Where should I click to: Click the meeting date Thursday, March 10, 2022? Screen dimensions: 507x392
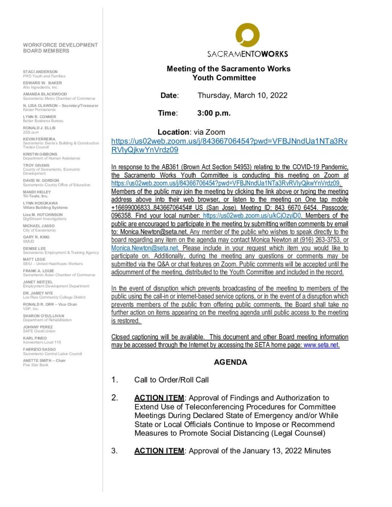coord(242,95)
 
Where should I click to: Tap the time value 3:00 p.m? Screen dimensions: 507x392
coord(214,113)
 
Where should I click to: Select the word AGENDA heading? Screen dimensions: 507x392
coord(230,362)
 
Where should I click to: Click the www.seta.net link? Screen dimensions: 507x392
coord(321,345)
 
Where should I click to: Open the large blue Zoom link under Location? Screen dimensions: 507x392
coord(229,145)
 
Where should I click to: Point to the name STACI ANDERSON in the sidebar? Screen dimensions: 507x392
coord(40,72)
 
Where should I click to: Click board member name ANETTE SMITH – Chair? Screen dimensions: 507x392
coord(44,361)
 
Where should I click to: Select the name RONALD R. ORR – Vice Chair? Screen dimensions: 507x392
coord(50,304)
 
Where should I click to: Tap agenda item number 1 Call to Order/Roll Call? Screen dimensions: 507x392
coord(171,379)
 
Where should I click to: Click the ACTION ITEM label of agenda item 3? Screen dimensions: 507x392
coord(159,451)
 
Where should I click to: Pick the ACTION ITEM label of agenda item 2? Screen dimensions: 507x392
coord(159,398)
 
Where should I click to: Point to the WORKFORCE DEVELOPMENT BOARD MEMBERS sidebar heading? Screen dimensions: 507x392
coord(60,48)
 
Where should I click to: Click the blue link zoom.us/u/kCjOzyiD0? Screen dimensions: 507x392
coord(252,216)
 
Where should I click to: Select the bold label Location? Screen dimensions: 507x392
coord(173,132)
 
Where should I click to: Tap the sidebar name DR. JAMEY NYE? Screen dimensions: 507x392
coord(38,293)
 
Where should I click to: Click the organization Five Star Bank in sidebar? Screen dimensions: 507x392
coord(35,365)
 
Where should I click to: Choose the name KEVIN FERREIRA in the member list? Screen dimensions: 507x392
coord(39,139)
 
